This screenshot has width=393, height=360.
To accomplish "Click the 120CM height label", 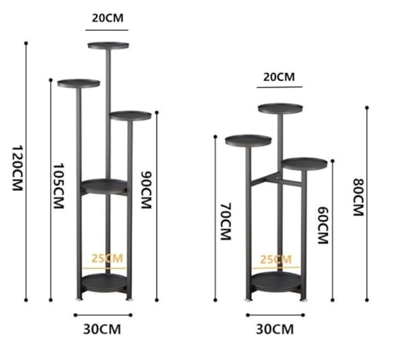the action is coord(17,168).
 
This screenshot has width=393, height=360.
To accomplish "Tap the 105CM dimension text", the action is coord(59,186).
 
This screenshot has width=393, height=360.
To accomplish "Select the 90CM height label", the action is coord(146,189).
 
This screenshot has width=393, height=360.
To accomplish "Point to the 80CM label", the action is coord(358,197).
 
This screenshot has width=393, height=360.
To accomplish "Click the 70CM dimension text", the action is coord(226,221).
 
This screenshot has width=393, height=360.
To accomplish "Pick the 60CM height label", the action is coord(323,226).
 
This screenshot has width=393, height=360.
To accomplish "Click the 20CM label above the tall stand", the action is coord(108,18).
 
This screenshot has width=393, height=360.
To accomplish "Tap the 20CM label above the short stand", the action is coord(279,77).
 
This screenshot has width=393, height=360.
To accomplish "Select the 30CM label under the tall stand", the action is coord(102,329).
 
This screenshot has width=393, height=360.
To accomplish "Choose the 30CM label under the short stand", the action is coord(275,329).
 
